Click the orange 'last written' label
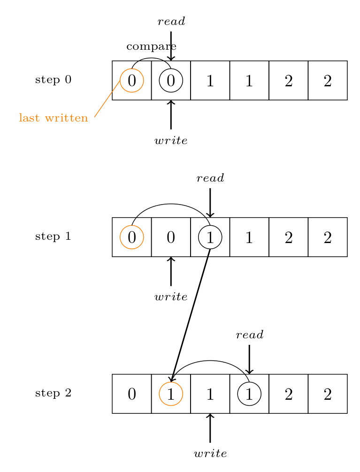coord(54,118)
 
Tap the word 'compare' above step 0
coord(151,46)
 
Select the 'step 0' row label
coord(53,80)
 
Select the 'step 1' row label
coord(53,236)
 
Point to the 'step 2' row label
coord(53,393)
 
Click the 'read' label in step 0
coord(171,21)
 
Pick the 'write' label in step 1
coord(171,297)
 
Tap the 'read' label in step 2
coord(249,335)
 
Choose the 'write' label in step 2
coord(210,454)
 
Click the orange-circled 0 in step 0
coord(132,81)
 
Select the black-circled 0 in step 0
coord(171,81)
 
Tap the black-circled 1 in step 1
coord(210,237)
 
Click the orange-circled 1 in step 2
coord(171,394)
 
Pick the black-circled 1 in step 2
coord(249,394)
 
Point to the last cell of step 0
coord(328,81)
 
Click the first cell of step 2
coord(132,394)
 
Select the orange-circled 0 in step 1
coord(132,237)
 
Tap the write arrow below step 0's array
coord(171,114)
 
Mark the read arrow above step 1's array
coord(210,203)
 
